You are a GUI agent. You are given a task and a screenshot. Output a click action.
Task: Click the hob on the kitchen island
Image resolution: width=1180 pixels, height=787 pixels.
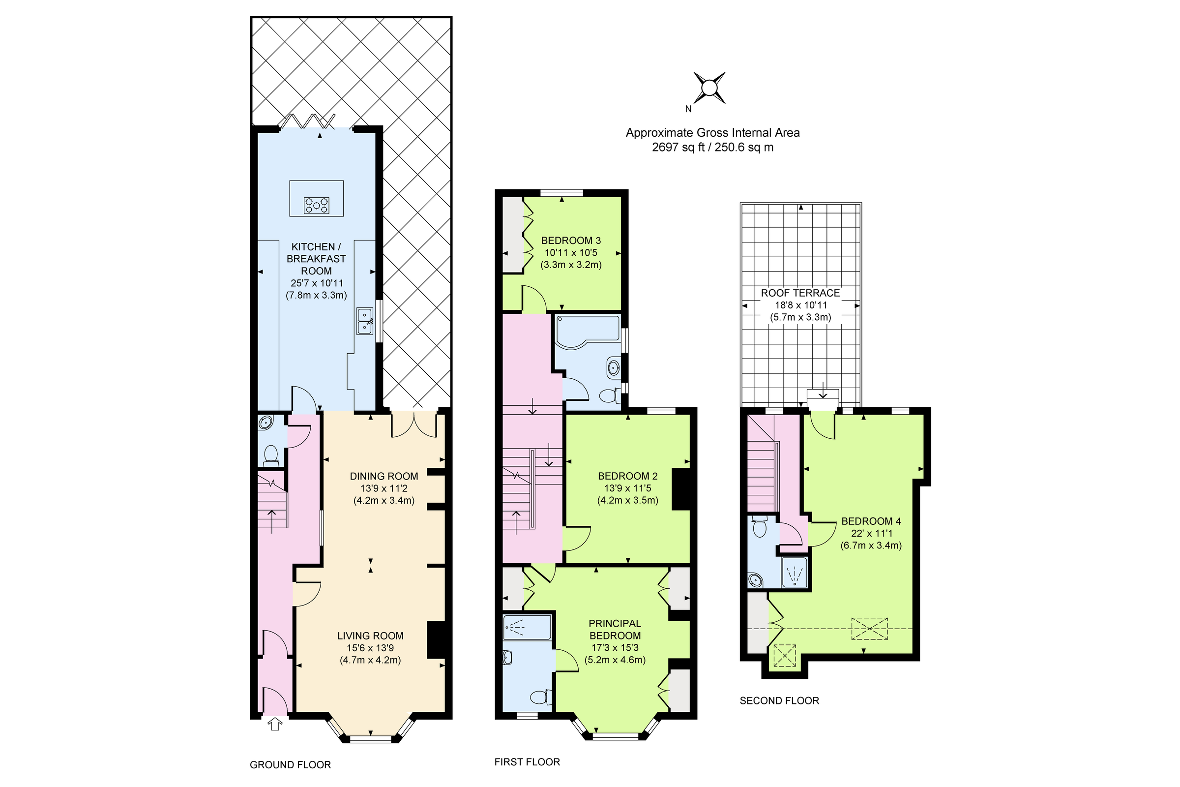[317, 205]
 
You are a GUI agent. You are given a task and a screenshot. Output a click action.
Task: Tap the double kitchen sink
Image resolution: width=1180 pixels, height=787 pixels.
[365, 321]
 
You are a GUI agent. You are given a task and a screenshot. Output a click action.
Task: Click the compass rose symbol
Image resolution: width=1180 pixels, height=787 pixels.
[709, 88]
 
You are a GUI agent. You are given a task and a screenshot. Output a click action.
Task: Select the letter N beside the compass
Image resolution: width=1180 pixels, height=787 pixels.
[688, 109]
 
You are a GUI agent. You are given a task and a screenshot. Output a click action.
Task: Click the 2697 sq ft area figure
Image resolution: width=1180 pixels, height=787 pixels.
[675, 148]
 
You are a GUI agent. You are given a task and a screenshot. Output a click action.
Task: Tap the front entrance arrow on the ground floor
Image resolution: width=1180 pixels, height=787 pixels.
[275, 724]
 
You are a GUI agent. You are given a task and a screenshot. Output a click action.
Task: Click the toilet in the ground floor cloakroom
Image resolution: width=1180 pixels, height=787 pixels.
[271, 454]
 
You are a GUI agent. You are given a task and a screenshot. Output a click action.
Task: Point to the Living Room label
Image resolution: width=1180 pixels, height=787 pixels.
[370, 636]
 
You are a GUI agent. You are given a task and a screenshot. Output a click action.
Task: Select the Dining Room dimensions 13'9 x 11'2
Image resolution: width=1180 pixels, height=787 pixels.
[384, 488]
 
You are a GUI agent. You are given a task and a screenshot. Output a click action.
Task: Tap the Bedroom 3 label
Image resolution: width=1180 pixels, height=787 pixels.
[571, 241]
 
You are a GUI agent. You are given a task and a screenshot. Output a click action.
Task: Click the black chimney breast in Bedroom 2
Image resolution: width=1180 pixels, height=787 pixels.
[681, 489]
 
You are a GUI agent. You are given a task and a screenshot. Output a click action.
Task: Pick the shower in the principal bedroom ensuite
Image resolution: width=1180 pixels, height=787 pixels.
[527, 627]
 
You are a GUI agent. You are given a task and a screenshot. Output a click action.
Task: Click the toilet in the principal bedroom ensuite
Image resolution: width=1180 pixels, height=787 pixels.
[540, 697]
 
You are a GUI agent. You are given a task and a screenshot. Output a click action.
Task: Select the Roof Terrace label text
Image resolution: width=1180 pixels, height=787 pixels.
[800, 293]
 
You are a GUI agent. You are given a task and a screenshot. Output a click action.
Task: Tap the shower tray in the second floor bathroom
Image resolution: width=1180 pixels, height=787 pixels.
[794, 573]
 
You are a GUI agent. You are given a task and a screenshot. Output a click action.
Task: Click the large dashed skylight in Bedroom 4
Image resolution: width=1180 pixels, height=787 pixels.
[869, 629]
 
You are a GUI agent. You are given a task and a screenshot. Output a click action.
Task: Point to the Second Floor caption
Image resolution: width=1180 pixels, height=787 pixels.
[779, 700]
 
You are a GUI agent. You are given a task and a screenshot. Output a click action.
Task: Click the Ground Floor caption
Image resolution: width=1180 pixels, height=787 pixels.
[290, 765]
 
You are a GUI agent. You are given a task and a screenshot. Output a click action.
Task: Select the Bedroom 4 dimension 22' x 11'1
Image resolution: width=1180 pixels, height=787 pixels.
[871, 534]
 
